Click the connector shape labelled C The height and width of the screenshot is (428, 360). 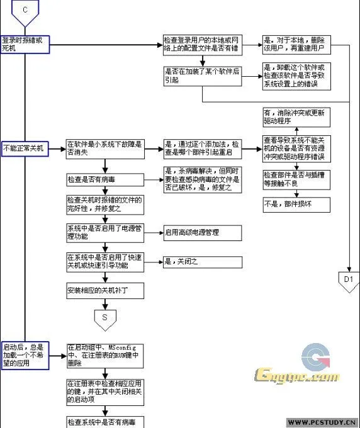(25, 11)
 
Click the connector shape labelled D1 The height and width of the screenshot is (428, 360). (349, 279)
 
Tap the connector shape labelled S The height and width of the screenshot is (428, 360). (104, 318)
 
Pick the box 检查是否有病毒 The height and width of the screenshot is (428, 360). (104, 180)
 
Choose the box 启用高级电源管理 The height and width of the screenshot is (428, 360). (201, 232)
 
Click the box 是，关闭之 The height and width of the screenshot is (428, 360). (201, 261)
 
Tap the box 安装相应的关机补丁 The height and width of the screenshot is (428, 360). (104, 290)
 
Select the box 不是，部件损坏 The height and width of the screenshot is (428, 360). (293, 204)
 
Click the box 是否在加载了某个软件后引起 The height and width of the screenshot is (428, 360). (201, 76)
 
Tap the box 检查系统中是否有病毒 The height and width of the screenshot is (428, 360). (104, 421)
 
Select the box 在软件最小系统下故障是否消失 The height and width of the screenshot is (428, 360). (104, 148)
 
